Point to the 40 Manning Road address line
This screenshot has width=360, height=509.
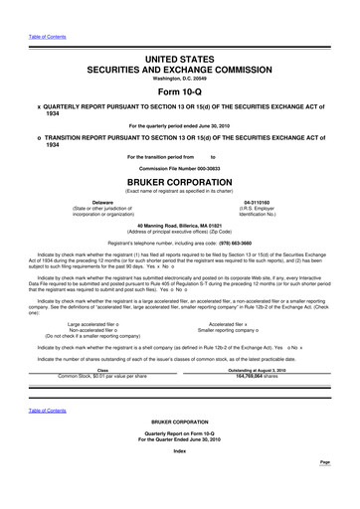[179, 227]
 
